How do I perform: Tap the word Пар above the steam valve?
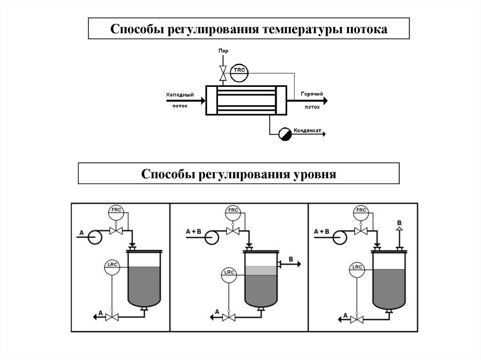(223, 50)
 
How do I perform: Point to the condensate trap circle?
(285, 134)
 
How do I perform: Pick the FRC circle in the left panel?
(116, 212)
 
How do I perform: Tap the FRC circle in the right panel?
(361, 212)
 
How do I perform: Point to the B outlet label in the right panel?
(399, 222)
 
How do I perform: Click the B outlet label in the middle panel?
(291, 259)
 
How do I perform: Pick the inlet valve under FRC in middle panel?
(233, 230)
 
